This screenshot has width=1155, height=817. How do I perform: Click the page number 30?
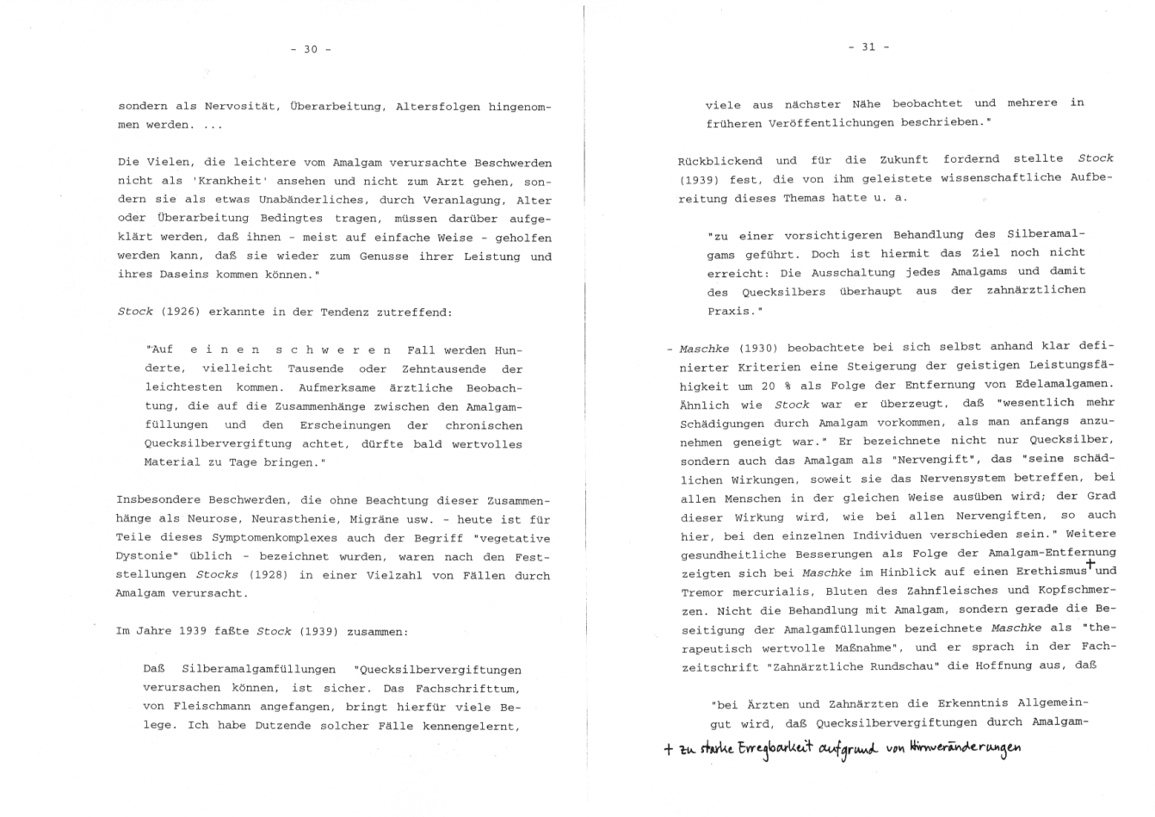click(311, 49)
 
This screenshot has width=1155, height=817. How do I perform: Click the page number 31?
click(868, 46)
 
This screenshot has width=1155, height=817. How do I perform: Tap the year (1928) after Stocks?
click(267, 575)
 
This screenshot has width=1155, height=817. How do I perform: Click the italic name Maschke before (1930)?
click(704, 348)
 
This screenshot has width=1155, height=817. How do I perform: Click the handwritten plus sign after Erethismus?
click(1090, 565)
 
